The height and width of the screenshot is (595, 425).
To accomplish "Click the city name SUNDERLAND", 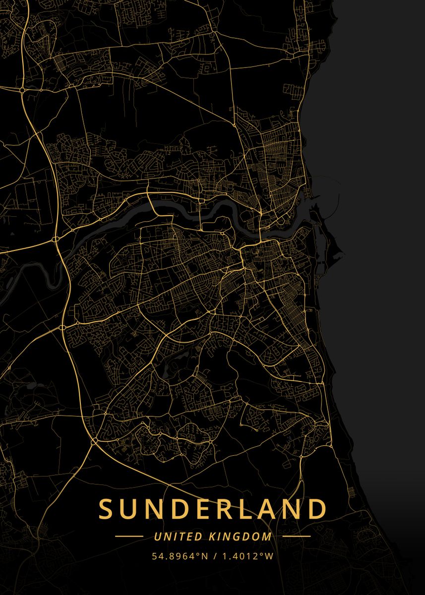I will click(x=213, y=509).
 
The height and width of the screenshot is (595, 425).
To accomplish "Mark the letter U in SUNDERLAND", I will click(x=128, y=509).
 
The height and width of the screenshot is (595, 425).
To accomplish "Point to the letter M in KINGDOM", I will click(x=267, y=536).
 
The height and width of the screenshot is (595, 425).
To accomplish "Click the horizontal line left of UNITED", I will click(x=129, y=536).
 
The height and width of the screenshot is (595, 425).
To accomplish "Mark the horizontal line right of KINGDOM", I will click(x=296, y=536).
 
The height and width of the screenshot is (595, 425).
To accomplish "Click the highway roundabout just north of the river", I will click(x=56, y=239).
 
